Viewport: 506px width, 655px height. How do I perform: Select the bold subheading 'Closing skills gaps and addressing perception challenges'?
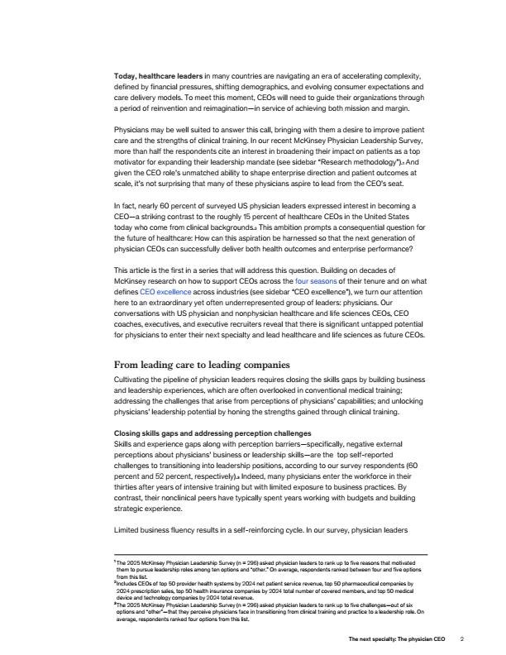click(212, 433)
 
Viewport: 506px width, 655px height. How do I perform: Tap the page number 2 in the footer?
click(463, 638)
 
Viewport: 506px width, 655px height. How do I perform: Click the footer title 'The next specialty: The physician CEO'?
click(397, 638)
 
